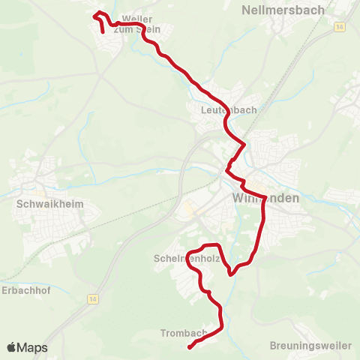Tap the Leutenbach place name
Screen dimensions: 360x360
click(x=229, y=110)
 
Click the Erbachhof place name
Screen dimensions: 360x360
click(x=25, y=290)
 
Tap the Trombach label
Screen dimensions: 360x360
click(x=183, y=333)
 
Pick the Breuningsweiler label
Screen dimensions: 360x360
click(x=310, y=346)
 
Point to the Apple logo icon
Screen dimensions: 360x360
click(x=11, y=347)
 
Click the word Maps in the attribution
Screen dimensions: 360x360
click(x=32, y=348)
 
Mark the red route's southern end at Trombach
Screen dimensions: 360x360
click(x=189, y=346)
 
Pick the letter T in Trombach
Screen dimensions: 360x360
click(x=163, y=333)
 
